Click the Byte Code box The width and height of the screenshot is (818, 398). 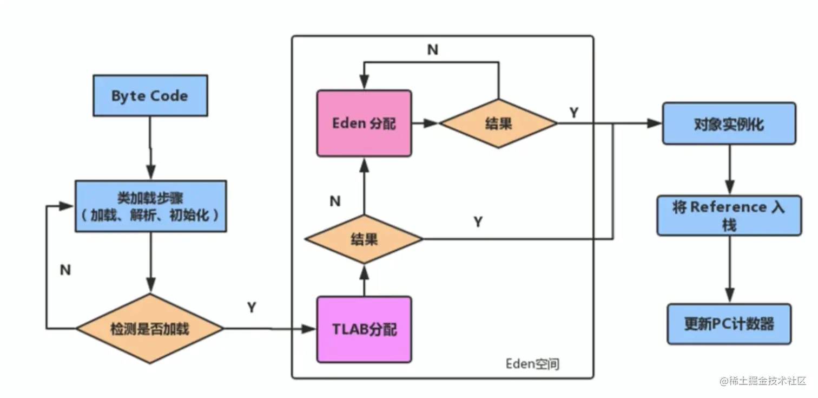click(150, 96)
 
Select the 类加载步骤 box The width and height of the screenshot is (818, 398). click(151, 206)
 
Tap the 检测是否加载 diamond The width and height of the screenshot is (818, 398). click(150, 329)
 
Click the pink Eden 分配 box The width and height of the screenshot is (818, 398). click(364, 123)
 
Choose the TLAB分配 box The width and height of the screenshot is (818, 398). click(364, 329)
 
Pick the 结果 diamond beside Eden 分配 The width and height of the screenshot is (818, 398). click(498, 123)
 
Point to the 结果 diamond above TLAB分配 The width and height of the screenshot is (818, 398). click(364, 239)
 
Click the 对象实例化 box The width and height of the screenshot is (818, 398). click(729, 123)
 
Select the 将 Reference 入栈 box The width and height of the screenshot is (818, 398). click(729, 216)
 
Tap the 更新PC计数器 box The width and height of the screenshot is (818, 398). click(729, 324)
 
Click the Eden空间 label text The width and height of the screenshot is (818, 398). click(532, 364)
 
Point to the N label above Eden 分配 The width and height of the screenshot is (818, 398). click(433, 49)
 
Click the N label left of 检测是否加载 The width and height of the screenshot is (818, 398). click(65, 270)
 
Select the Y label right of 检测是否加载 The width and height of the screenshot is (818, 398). click(252, 307)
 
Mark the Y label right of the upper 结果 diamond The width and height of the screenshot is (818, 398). click(574, 113)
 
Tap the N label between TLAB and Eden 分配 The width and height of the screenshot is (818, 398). click(335, 201)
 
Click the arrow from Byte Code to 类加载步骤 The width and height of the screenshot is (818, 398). click(150, 148)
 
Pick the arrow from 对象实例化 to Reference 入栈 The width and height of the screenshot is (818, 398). click(730, 169)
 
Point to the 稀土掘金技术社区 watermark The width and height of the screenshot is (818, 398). click(763, 381)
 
